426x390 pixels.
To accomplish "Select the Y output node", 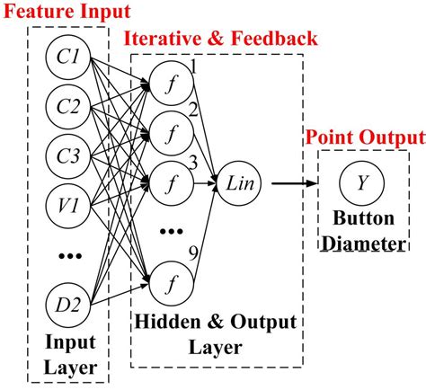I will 361,182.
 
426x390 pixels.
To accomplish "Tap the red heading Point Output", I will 364,137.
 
